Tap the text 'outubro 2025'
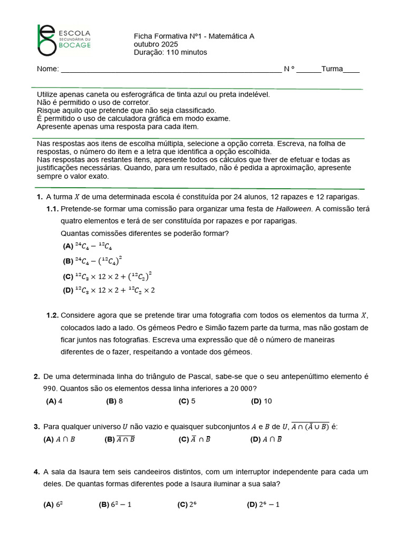click(x=156, y=44)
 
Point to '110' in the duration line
click(x=173, y=52)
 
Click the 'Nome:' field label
click(x=47, y=70)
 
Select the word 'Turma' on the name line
click(x=332, y=69)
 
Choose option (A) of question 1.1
click(x=88, y=246)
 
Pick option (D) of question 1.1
click(x=109, y=290)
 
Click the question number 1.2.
click(x=53, y=316)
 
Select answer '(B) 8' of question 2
click(x=114, y=401)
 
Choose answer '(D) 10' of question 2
click(x=262, y=401)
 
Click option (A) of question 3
click(x=59, y=439)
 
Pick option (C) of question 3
click(x=195, y=439)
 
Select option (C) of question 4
click(x=187, y=505)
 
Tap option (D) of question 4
click(x=263, y=505)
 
